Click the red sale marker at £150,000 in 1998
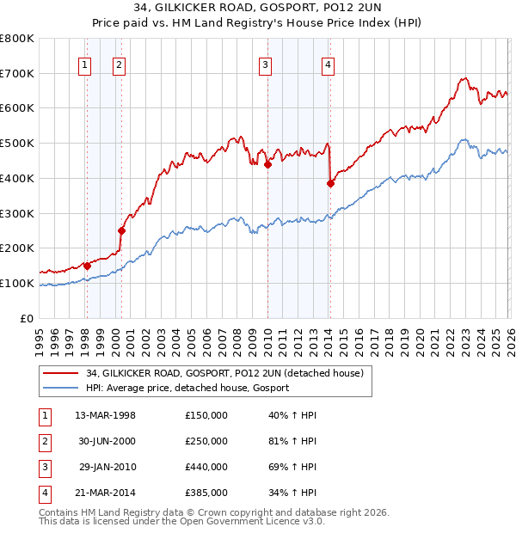click(87, 266)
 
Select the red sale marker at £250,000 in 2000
click(121, 230)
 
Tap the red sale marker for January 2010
click(267, 164)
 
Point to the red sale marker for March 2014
click(330, 183)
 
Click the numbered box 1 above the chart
click(85, 64)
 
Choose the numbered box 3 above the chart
click(266, 64)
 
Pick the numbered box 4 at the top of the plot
click(329, 64)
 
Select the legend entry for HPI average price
click(187, 388)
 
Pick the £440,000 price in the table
click(206, 467)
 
